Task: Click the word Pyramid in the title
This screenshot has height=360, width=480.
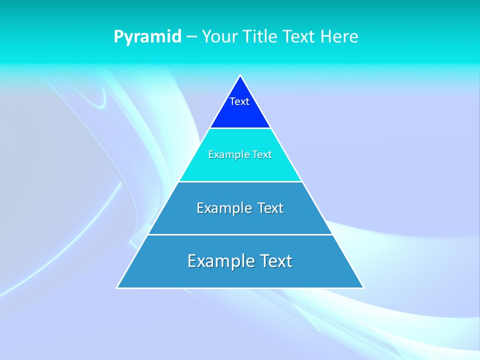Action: click(147, 37)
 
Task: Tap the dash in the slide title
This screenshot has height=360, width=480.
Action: click(191, 37)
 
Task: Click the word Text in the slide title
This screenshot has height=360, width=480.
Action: click(299, 37)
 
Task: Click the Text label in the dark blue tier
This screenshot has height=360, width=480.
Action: click(239, 101)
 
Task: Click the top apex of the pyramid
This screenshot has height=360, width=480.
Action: click(240, 76)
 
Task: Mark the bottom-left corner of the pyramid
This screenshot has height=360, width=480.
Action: click(117, 287)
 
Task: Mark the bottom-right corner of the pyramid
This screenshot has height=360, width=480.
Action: click(363, 287)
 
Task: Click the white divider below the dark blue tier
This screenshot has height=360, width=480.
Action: click(240, 128)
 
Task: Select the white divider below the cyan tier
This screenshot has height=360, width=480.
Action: click(240, 181)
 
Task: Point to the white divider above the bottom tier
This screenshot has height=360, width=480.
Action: click(240, 234)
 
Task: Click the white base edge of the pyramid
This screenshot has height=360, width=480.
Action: click(240, 288)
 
